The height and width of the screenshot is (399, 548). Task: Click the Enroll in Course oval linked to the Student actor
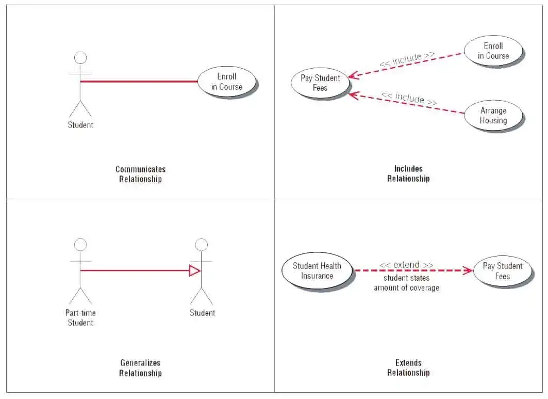click(226, 82)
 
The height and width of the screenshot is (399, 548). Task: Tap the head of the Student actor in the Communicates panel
click(80, 58)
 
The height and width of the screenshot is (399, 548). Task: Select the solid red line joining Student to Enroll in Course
click(139, 82)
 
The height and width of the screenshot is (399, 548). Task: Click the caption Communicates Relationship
click(140, 174)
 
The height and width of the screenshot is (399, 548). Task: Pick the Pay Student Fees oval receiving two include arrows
click(320, 83)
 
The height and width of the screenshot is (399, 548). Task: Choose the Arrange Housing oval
click(493, 115)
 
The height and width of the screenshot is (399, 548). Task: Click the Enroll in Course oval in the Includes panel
click(493, 51)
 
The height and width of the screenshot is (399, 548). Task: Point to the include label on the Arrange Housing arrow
click(409, 98)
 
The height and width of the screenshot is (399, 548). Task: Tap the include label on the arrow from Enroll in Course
click(407, 59)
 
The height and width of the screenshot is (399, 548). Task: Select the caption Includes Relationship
click(408, 173)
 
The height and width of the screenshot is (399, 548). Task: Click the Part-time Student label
click(80, 317)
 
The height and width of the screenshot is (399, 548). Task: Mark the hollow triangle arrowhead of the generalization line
click(195, 270)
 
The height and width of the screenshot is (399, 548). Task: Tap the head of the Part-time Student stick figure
click(80, 245)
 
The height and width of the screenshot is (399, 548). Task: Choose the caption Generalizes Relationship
click(140, 368)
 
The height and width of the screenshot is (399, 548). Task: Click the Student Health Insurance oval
click(317, 271)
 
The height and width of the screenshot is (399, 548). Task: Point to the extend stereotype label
click(406, 265)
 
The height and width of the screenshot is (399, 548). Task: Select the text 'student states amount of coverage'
click(406, 283)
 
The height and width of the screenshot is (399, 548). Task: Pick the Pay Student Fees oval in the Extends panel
click(502, 271)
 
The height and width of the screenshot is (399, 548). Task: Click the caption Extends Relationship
click(408, 368)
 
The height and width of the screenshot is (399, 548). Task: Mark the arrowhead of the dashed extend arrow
click(468, 270)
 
